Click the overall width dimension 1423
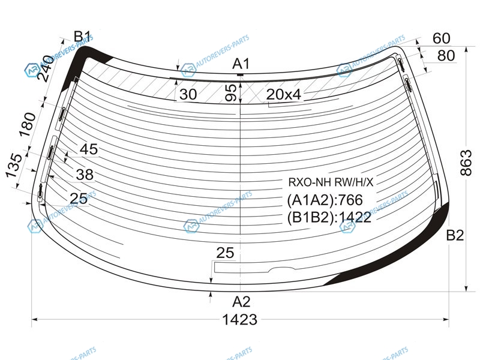pos(239,320)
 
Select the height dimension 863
pos(466,163)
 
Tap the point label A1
pos(241,64)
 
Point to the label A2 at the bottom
pos(241,302)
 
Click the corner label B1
pos(82,37)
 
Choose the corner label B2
pos(455,235)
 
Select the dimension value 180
pos(27,124)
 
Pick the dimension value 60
pos(442,38)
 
